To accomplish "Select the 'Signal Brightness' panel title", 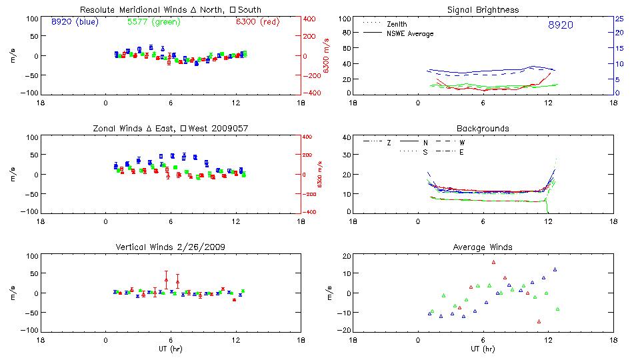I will pyautogui.click(x=483, y=10).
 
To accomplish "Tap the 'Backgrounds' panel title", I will pyautogui.click(x=483, y=128).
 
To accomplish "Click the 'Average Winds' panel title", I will pyautogui.click(x=483, y=247).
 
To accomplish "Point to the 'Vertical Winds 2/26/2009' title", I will pyautogui.click(x=171, y=247).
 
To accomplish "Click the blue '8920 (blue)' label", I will pyautogui.click(x=74, y=22).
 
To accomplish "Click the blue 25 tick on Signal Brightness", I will pyautogui.click(x=619, y=19).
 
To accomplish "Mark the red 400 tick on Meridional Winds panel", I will pyautogui.click(x=310, y=19).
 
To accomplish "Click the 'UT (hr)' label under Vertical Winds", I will pyautogui.click(x=171, y=348).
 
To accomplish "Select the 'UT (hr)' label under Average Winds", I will pyautogui.click(x=483, y=348).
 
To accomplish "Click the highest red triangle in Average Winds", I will pyautogui.click(x=494, y=262).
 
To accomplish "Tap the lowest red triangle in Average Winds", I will pyautogui.click(x=539, y=321).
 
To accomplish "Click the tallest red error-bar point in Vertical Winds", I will pyautogui.click(x=166, y=279).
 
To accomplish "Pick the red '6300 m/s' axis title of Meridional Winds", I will pyautogui.click(x=327, y=56).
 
